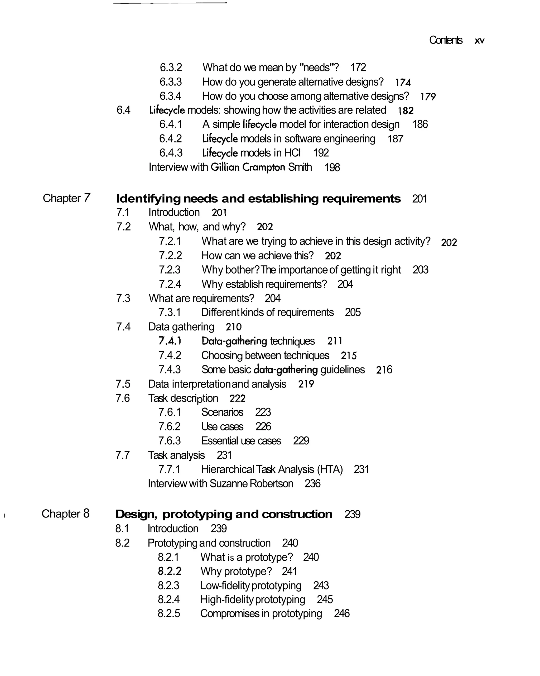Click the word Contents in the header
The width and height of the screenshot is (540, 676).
(x=445, y=40)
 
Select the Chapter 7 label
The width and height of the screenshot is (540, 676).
(x=66, y=198)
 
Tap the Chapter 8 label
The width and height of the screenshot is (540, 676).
(x=65, y=514)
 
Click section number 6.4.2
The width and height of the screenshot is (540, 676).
(x=171, y=138)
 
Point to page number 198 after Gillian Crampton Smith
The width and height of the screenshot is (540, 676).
(x=332, y=167)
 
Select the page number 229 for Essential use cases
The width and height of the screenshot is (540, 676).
(x=301, y=441)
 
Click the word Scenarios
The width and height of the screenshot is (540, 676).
(x=222, y=412)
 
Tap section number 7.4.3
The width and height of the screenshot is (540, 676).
(x=170, y=370)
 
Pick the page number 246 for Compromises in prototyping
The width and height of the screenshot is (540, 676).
(x=342, y=613)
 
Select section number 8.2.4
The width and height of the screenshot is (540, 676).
(x=168, y=600)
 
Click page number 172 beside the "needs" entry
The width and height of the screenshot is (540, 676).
(x=358, y=68)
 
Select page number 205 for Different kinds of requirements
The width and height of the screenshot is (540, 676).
(x=353, y=313)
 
